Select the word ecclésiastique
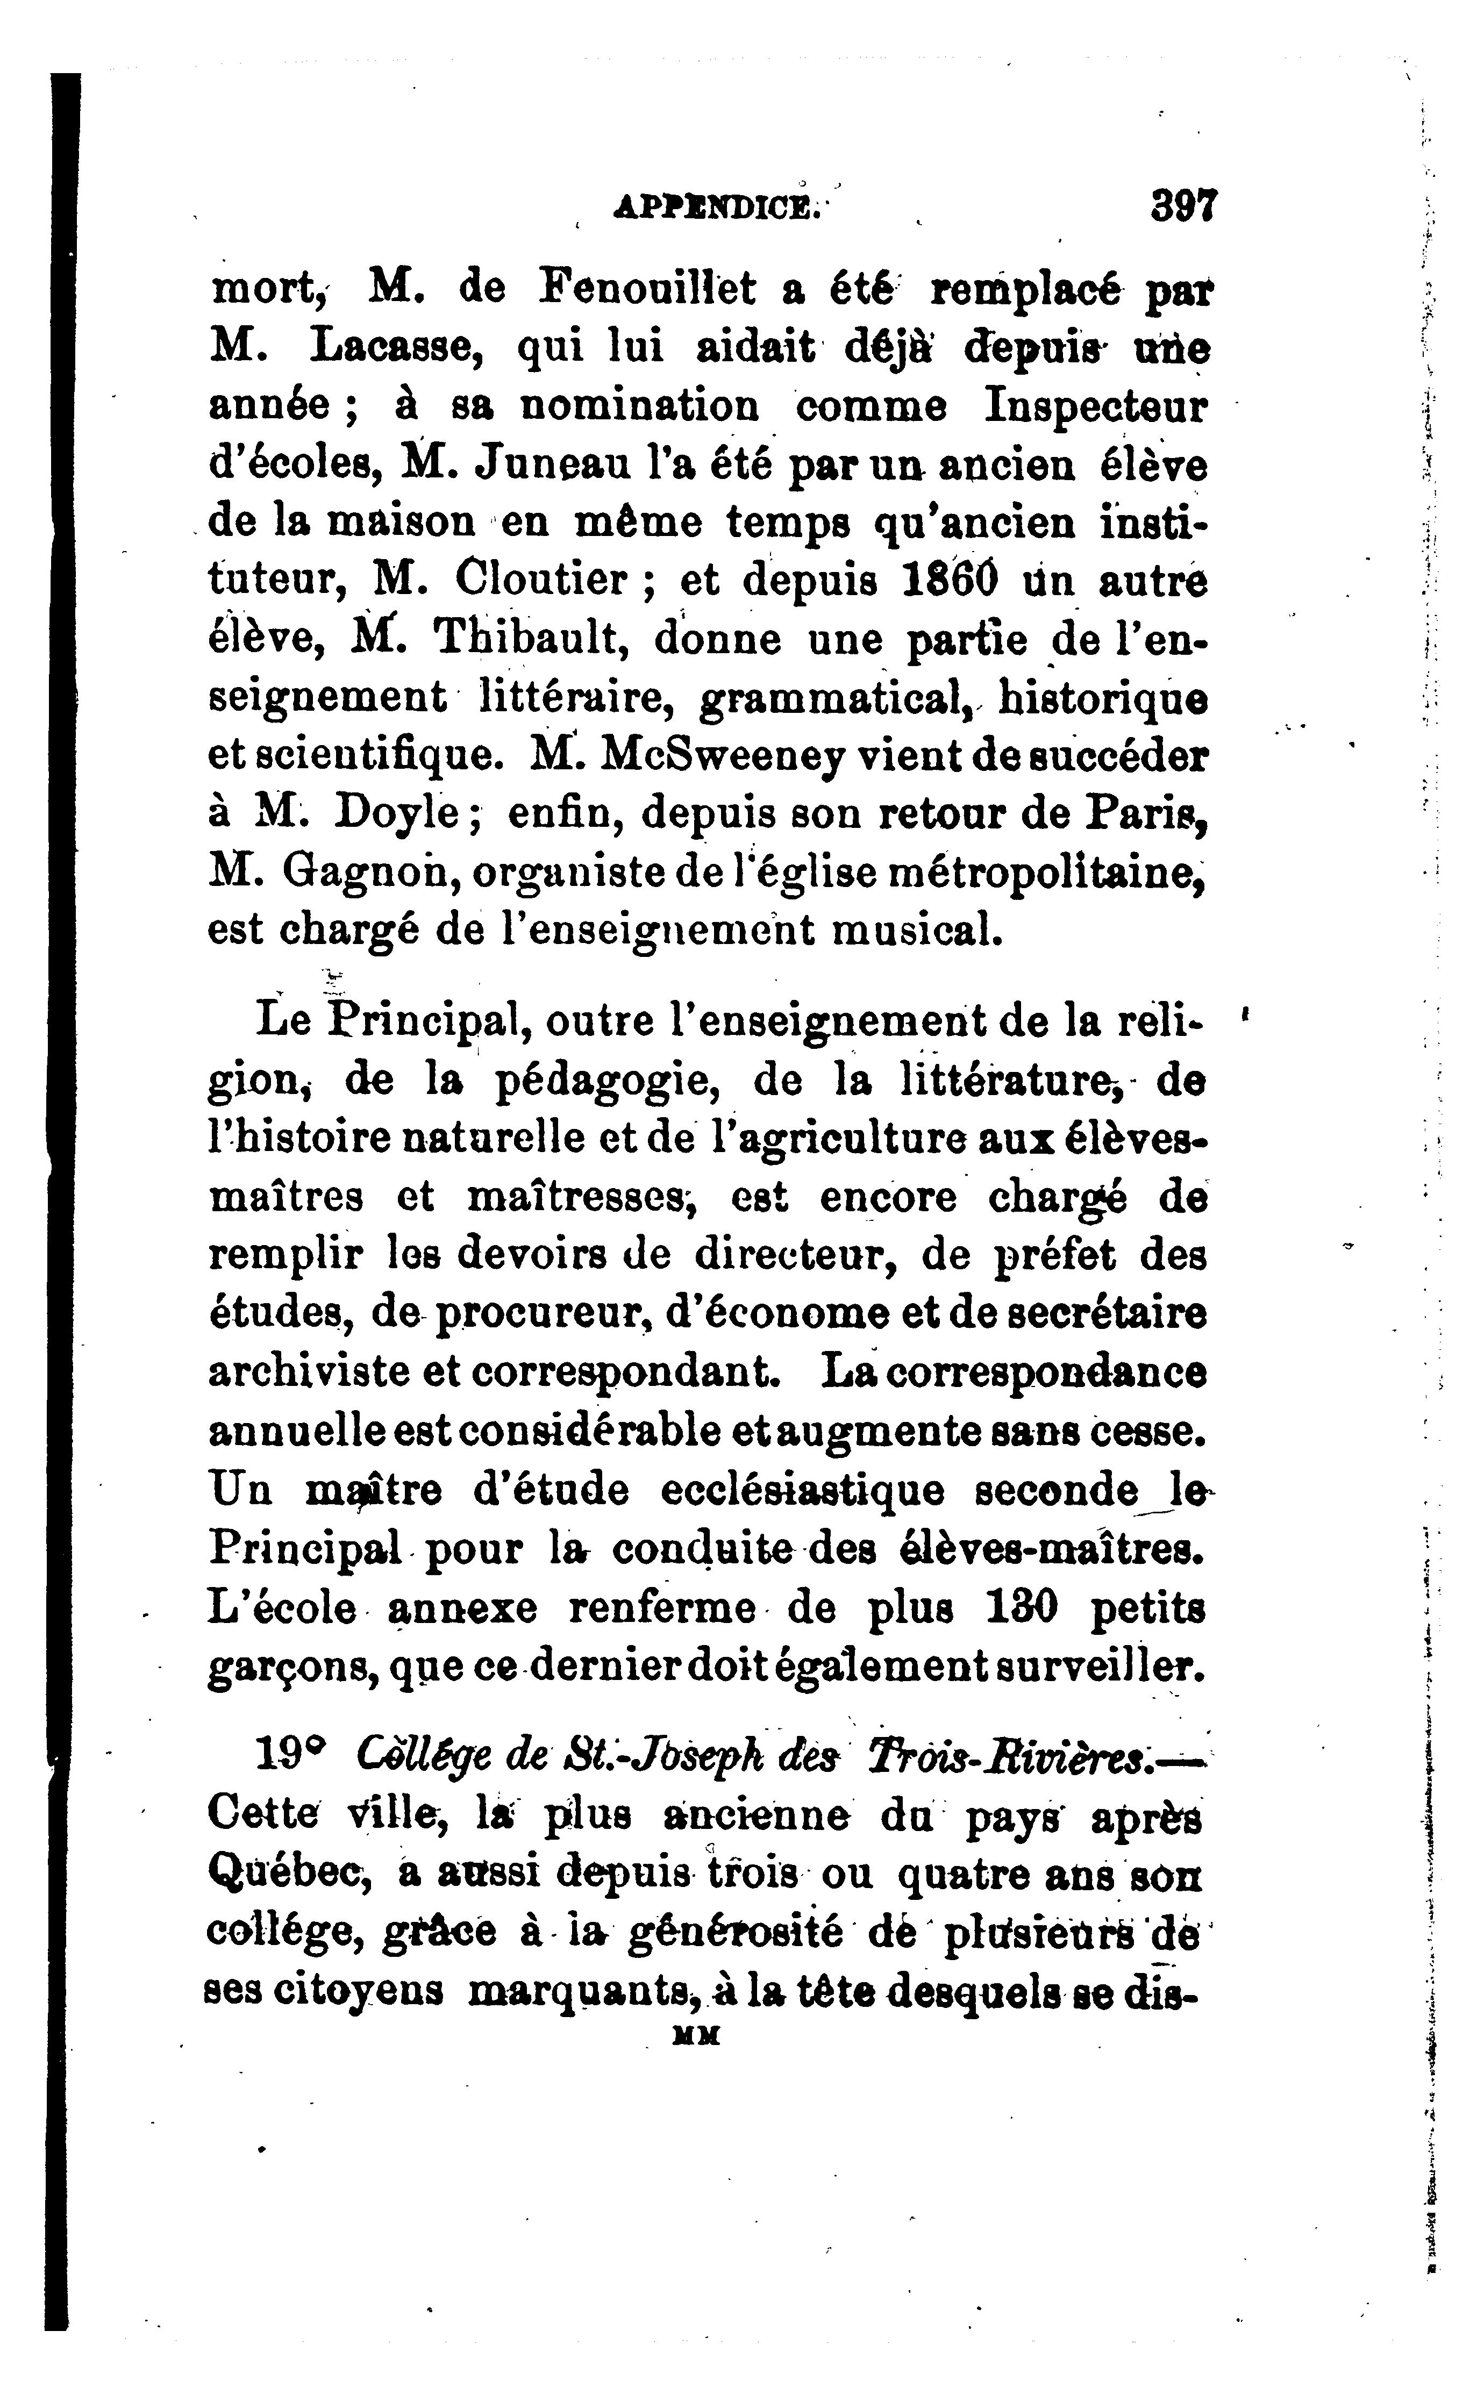click(x=802, y=1491)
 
